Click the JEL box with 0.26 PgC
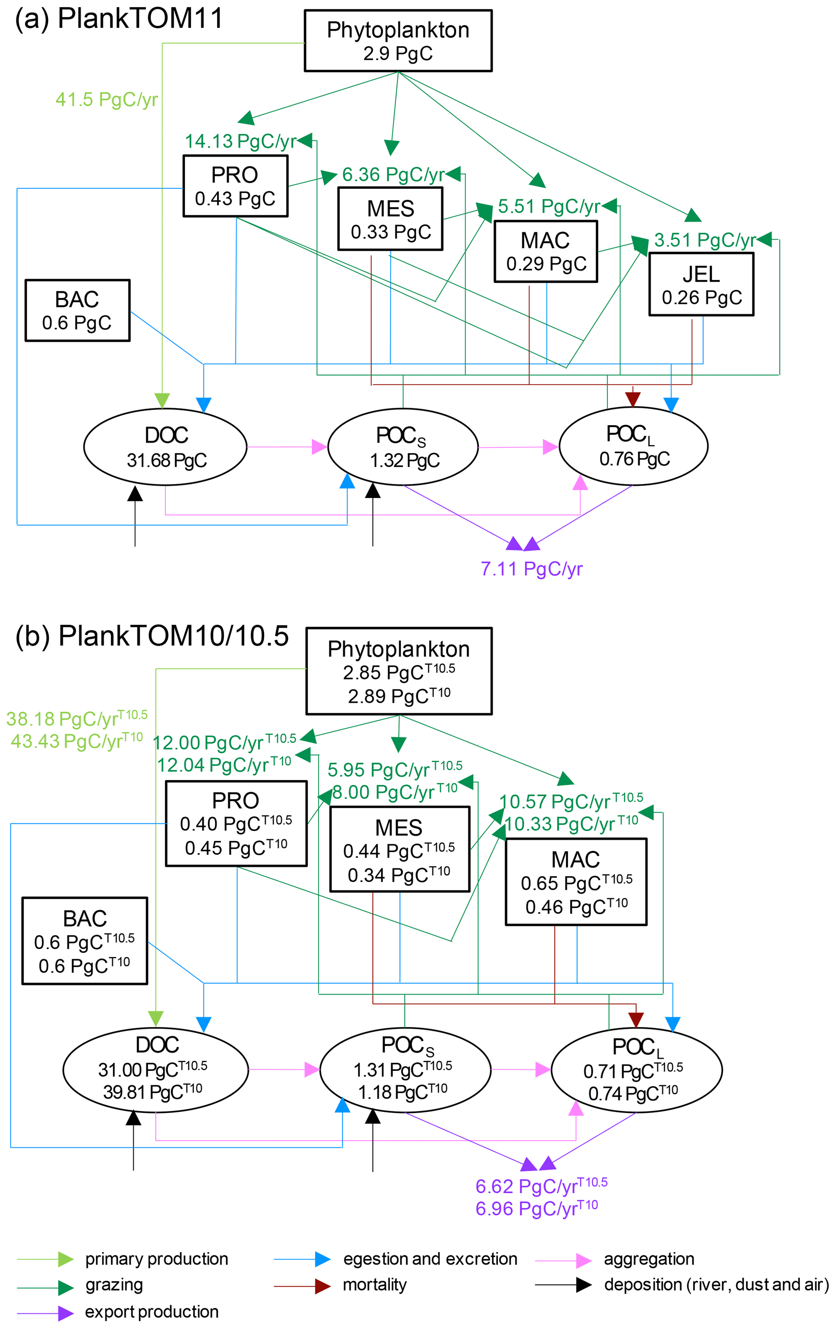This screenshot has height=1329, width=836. point(701,285)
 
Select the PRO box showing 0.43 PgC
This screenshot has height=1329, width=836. point(235,186)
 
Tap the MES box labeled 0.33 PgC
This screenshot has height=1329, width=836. point(390,219)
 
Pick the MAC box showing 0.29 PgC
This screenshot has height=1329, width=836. point(546,252)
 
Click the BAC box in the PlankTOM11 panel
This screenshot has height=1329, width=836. point(77,311)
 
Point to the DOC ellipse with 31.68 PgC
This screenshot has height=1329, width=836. point(165,447)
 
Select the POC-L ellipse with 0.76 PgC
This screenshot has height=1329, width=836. point(633,446)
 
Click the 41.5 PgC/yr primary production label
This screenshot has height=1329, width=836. point(106,100)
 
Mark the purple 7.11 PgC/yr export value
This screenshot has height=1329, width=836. point(531,569)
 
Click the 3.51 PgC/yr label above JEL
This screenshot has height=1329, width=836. point(705,240)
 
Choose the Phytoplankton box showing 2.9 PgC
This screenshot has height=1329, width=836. point(398,41)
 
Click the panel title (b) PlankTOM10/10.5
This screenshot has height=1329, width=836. point(152,636)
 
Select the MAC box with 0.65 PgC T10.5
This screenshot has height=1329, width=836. point(576,882)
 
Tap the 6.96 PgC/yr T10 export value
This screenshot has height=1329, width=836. point(536,1209)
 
